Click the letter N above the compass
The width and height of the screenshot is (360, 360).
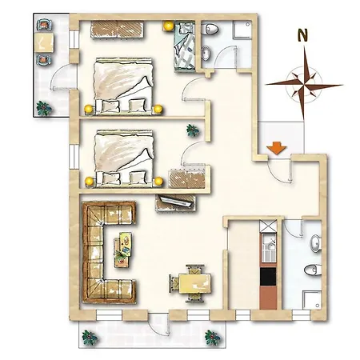pyautogui.click(x=302, y=35)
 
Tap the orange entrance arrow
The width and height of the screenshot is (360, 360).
pyautogui.click(x=276, y=148)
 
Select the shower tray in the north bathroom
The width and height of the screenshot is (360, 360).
pyautogui.click(x=242, y=30)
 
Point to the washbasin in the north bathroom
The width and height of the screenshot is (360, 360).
pyautogui.click(x=206, y=52)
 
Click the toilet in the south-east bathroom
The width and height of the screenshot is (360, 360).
pyautogui.click(x=313, y=270)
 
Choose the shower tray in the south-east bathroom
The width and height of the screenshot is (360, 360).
pyautogui.click(x=312, y=300)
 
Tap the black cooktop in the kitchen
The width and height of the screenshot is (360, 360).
pyautogui.click(x=268, y=277)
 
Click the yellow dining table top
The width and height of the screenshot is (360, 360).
pyautogui.click(x=195, y=284)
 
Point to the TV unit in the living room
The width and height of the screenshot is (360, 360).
pyautogui.click(x=176, y=203)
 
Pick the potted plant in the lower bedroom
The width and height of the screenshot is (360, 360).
pyautogui.click(x=193, y=130)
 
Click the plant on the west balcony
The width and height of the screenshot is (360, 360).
pyautogui.click(x=44, y=108)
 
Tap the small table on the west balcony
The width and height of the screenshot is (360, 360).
pyautogui.click(x=44, y=42)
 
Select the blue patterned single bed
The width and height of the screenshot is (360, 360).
pyautogui.click(x=184, y=47)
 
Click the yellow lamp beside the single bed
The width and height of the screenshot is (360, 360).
pyautogui.click(x=169, y=26)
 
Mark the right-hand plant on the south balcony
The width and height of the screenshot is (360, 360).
pyautogui.click(x=212, y=338)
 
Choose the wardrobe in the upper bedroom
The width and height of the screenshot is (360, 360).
pyautogui.click(x=118, y=30)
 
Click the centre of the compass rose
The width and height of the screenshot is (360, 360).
pyautogui.click(x=304, y=85)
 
